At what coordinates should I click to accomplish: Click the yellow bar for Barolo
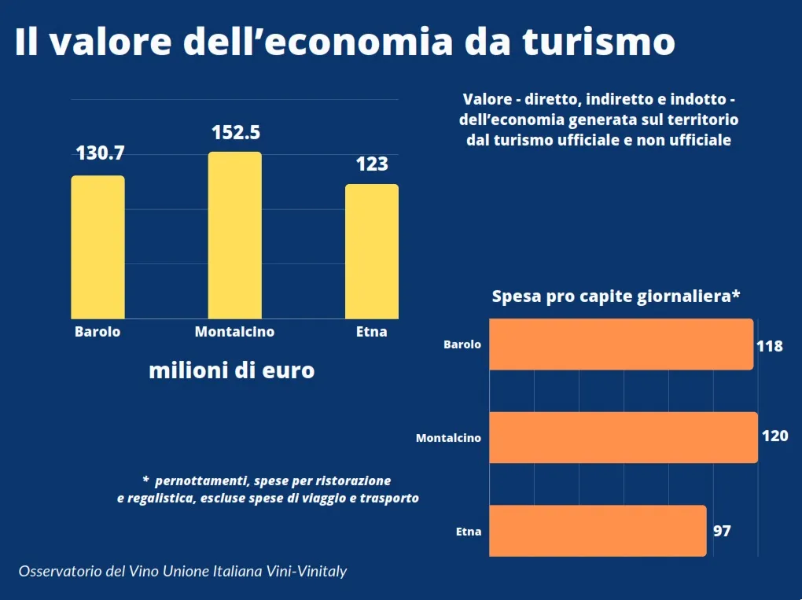(97, 247)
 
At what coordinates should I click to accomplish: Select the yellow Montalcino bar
(234, 235)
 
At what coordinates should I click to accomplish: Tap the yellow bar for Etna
(371, 252)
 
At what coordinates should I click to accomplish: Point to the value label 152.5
(236, 132)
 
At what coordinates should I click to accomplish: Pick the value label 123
(372, 164)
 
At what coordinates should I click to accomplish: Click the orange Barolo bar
(621, 344)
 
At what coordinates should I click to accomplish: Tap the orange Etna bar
(598, 531)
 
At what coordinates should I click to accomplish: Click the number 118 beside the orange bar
(770, 345)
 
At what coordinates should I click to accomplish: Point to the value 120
(774, 436)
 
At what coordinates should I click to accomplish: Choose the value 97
(722, 531)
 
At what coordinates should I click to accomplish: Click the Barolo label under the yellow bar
(97, 332)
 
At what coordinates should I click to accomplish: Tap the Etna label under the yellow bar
(372, 332)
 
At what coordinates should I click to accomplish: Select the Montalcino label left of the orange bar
(448, 438)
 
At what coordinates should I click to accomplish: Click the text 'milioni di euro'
(232, 370)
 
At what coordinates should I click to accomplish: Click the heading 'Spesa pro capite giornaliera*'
(616, 296)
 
